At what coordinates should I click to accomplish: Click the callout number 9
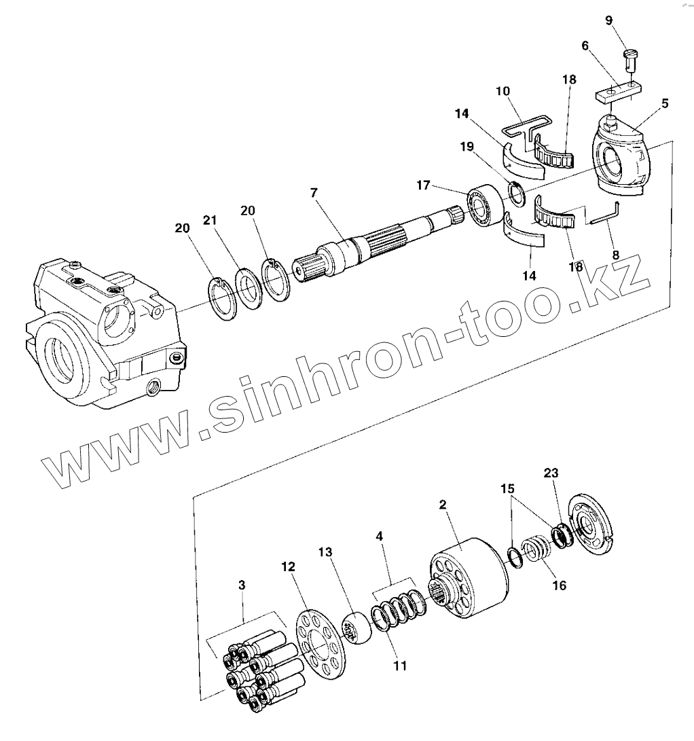(x=608, y=20)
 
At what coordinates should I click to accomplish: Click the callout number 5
(x=664, y=103)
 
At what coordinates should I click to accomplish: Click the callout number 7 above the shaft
(x=314, y=193)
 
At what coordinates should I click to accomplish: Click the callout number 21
(x=211, y=220)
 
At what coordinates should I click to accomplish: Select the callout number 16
(x=558, y=584)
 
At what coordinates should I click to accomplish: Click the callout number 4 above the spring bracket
(x=378, y=536)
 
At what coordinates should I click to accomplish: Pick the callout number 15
(x=507, y=488)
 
